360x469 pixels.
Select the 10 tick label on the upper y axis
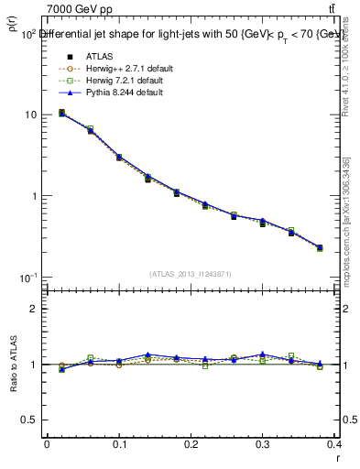coord(30,115)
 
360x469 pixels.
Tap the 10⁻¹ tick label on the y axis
coord(27,278)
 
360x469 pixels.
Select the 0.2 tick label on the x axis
coord(191,444)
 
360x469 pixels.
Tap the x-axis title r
coord(336,457)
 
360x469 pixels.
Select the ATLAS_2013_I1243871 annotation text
coord(191,274)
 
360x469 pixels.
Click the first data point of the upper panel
coord(61,113)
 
